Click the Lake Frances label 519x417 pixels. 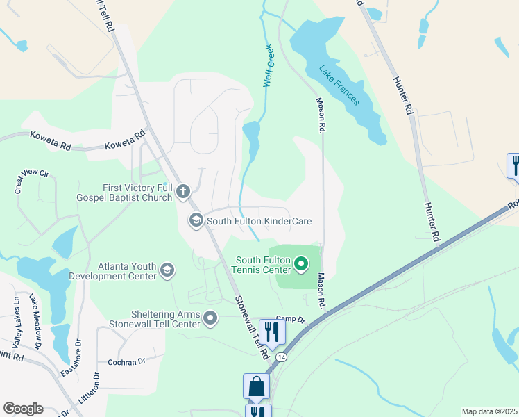(x=339, y=85)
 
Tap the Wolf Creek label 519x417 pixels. (x=269, y=66)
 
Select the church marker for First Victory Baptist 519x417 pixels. (x=183, y=192)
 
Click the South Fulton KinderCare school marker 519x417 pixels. (x=196, y=221)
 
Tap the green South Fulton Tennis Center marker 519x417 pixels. (x=301, y=264)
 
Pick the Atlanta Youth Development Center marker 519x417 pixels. (x=167, y=270)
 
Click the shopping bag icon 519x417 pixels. (x=256, y=386)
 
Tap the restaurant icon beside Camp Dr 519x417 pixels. (x=272, y=331)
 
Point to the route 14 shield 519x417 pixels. (x=281, y=357)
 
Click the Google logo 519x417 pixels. (x=23, y=409)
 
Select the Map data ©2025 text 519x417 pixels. (x=488, y=411)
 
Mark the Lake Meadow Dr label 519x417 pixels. (x=36, y=314)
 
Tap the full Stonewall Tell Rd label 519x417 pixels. (x=251, y=326)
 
